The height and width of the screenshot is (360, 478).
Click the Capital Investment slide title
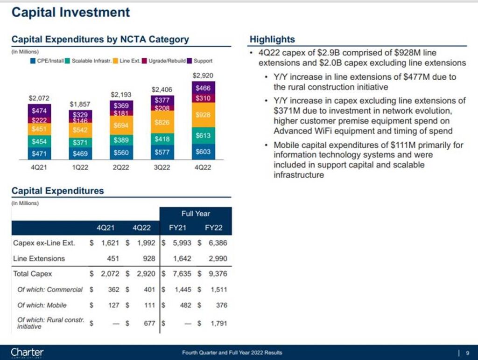[x=70, y=13]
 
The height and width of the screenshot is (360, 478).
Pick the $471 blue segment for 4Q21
[x=39, y=153]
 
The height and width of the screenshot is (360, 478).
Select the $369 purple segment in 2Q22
[x=121, y=106]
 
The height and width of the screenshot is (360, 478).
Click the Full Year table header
[x=196, y=214]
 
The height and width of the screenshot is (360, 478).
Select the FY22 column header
[x=214, y=228]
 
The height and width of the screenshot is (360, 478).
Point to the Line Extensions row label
[x=39, y=258]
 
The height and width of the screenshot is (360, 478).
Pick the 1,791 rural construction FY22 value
[x=216, y=323]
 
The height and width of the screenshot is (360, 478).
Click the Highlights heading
[x=272, y=40]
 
